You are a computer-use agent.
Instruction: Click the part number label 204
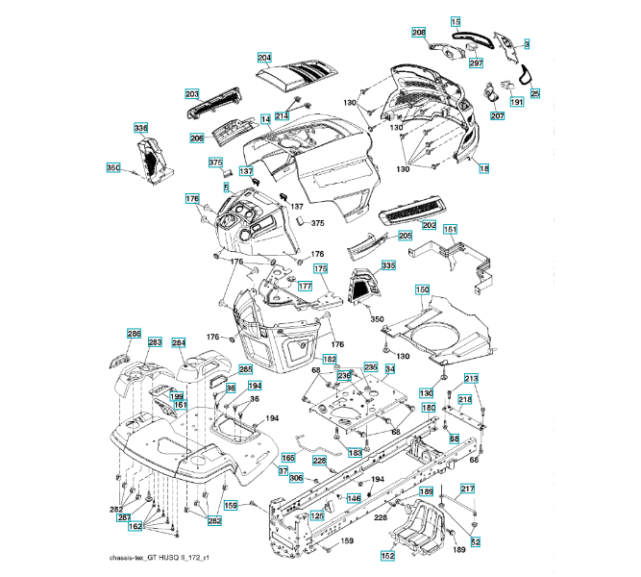tap(265, 57)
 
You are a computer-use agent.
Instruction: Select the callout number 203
tap(191, 94)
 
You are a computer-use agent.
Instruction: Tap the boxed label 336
tap(141, 128)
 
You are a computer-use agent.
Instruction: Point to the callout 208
tap(419, 33)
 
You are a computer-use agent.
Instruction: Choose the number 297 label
tap(476, 63)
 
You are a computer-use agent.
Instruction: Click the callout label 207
tap(497, 116)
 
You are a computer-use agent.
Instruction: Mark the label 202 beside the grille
tap(429, 224)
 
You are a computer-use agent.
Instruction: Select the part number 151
tap(450, 229)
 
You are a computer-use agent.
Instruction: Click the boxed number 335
tap(387, 264)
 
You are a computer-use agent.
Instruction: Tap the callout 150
tap(422, 289)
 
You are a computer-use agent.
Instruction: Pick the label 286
tap(135, 333)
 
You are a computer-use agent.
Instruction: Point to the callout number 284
tap(179, 342)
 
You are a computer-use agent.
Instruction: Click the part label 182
tap(330, 359)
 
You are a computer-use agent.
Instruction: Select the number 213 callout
tap(471, 378)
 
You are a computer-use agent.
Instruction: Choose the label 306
tap(296, 478)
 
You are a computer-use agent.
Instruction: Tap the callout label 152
tap(387, 555)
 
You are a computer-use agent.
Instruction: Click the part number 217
tap(468, 489)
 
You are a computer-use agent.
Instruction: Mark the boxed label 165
tap(287, 457)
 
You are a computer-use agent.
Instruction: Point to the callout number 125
tap(316, 515)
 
